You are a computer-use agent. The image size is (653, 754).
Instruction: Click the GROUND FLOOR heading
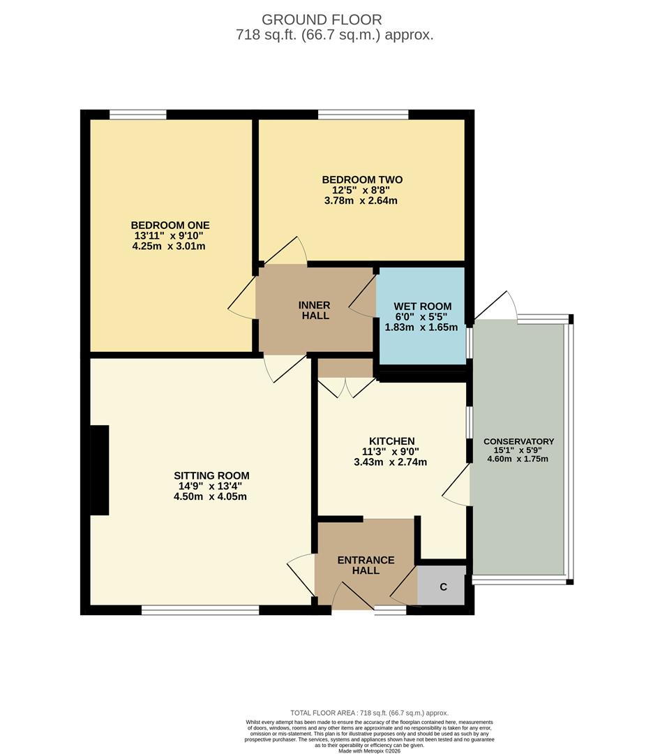pyautogui.click(x=322, y=20)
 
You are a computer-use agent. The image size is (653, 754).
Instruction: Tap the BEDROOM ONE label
pyautogui.click(x=170, y=225)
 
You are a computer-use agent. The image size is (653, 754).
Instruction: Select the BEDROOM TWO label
pyautogui.click(x=362, y=179)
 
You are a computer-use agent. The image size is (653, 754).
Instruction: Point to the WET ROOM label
pyautogui.click(x=422, y=306)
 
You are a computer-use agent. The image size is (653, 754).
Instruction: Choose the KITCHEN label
pyautogui.click(x=391, y=441)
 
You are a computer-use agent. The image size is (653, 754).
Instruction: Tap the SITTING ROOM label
pyautogui.click(x=211, y=475)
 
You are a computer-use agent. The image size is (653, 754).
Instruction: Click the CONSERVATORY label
pyautogui.click(x=518, y=441)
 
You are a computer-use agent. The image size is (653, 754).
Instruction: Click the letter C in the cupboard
pyautogui.click(x=443, y=587)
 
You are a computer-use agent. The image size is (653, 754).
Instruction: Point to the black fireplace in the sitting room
pyautogui.click(x=100, y=470)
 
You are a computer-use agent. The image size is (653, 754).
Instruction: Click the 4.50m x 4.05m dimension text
pyautogui.click(x=211, y=496)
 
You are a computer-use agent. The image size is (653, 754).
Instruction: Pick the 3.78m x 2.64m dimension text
pyautogui.click(x=362, y=200)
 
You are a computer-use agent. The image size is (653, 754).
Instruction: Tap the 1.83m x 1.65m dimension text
pyautogui.click(x=422, y=327)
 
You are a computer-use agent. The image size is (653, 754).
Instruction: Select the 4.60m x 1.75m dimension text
pyautogui.click(x=518, y=459)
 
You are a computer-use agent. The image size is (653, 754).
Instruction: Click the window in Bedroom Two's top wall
pyautogui.click(x=363, y=114)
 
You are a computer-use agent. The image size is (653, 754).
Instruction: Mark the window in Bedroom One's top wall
pyautogui.click(x=137, y=114)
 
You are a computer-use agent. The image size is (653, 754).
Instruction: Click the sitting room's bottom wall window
pyautogui.click(x=200, y=610)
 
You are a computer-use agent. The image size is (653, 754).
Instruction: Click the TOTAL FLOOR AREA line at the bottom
pyautogui.click(x=369, y=713)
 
